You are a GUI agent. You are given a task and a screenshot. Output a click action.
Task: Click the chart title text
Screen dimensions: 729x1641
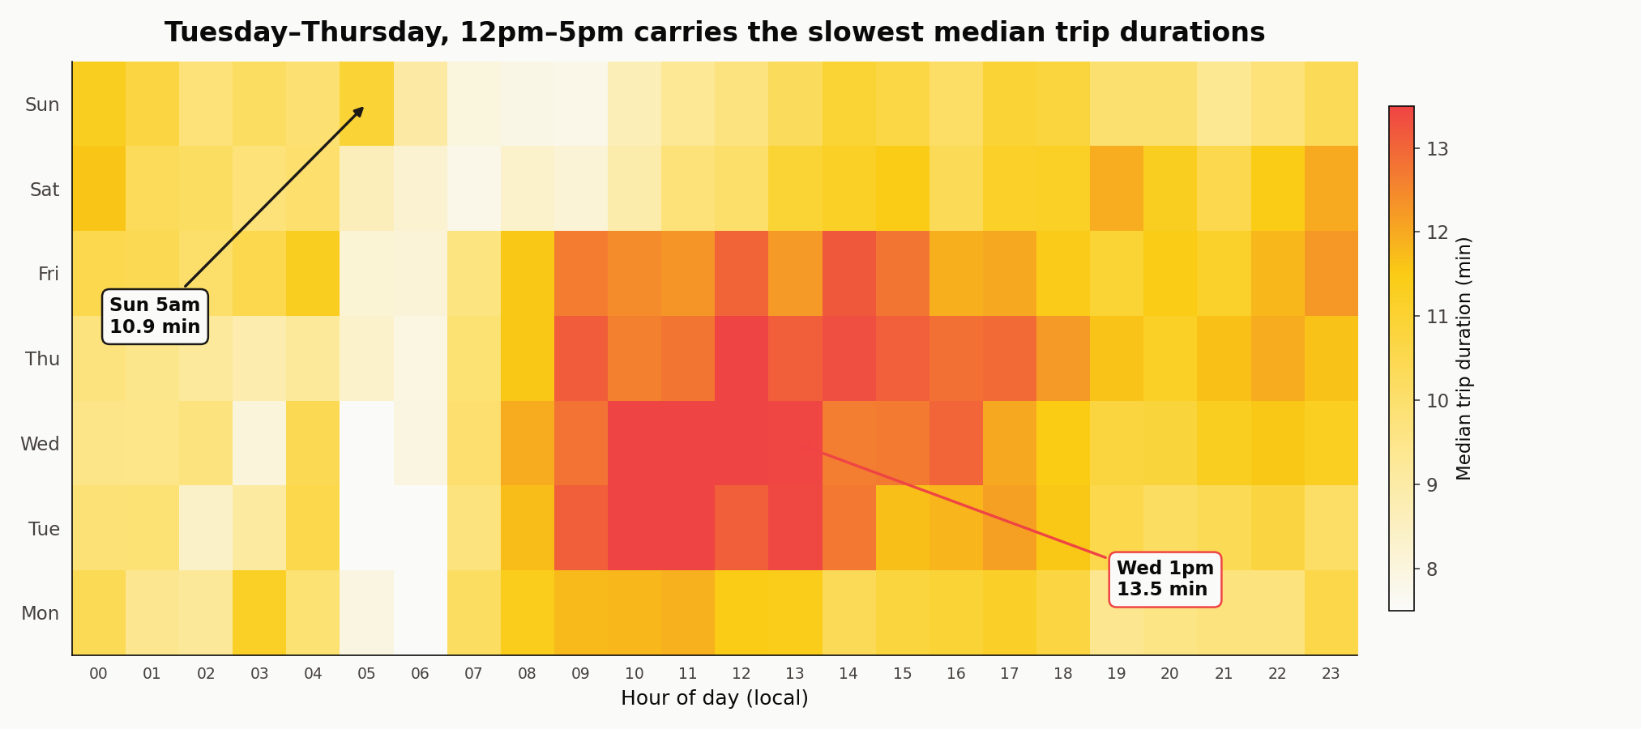714,32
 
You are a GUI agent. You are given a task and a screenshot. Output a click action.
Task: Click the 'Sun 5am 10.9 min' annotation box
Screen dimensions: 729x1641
155,316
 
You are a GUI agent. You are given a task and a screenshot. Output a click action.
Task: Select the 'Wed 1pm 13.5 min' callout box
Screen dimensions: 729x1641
1165,578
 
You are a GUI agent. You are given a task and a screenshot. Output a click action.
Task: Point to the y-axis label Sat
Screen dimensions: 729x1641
45,190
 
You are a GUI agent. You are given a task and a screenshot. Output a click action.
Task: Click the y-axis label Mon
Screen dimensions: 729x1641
40,613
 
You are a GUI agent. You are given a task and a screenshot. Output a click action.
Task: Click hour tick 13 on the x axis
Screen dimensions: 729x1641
795,674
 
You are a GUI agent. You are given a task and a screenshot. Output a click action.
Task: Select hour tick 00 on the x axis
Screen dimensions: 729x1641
98,674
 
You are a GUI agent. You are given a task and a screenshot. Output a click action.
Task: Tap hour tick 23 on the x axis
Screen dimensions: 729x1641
1331,674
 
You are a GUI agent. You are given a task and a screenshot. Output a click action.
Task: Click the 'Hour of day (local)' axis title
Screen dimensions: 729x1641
714,698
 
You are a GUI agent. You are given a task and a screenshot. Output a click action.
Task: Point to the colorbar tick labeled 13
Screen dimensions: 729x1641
1438,149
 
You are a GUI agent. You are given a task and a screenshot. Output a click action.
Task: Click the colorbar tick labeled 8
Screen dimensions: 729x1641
1432,569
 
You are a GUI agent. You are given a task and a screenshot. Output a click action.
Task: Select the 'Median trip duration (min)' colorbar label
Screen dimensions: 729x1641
1463,358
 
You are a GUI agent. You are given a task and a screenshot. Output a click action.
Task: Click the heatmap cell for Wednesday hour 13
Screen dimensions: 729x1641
795,443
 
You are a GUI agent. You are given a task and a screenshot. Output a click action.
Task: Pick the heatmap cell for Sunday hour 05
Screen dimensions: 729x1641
366,104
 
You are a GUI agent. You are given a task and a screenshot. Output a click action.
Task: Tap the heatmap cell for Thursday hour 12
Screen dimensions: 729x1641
741,359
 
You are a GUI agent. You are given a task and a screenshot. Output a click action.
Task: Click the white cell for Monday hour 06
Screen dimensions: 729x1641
420,612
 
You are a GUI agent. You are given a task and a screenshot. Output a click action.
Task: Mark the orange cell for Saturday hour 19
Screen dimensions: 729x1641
1116,189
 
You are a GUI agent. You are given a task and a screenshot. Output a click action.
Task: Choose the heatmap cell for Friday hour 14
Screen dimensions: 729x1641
848,274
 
